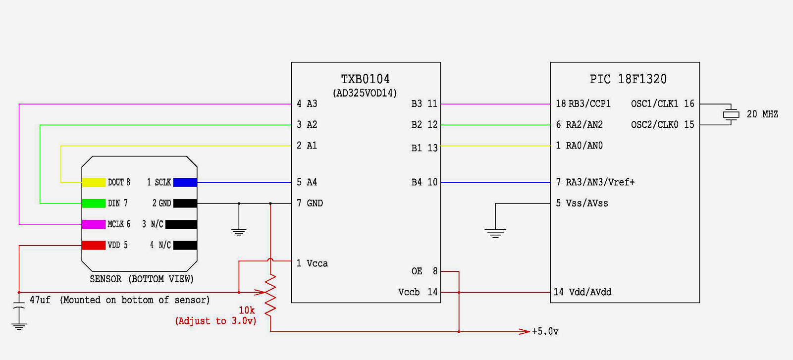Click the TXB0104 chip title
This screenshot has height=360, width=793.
point(365,79)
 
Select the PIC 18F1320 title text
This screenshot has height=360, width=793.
point(628,79)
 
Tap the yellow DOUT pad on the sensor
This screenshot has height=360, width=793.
point(94,182)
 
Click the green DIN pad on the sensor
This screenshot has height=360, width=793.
point(94,203)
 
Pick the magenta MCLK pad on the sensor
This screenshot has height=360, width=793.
point(94,224)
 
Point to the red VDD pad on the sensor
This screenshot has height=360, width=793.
point(94,245)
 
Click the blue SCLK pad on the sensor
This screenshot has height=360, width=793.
point(185,182)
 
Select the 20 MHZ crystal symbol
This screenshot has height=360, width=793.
point(731,114)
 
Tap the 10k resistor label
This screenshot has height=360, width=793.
point(247,310)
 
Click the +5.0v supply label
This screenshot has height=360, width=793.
point(545,331)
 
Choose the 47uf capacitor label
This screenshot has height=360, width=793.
point(40,300)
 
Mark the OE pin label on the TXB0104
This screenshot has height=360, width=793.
point(417,271)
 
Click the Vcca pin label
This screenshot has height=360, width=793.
point(317,263)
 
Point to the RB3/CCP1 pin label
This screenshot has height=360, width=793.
point(589,104)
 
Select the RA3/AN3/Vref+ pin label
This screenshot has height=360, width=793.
point(600,182)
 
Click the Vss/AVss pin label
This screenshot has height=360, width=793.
point(587,203)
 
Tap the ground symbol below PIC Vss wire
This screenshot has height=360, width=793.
point(495,233)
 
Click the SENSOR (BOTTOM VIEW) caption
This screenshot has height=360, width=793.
point(142,279)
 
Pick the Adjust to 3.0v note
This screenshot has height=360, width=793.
point(215,321)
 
